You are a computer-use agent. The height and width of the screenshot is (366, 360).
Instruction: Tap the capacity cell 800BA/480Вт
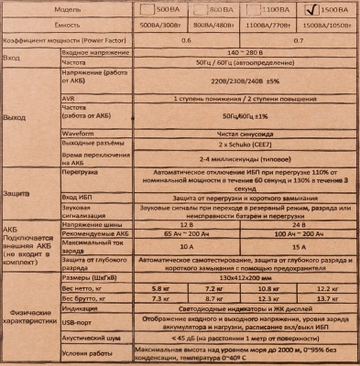(214, 25)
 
